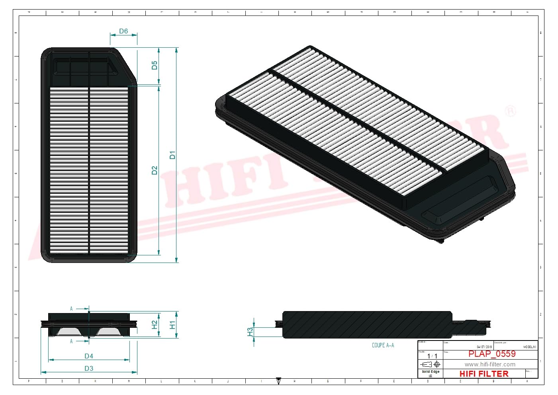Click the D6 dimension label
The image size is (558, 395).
coord(123,31)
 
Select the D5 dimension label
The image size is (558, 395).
coord(155,65)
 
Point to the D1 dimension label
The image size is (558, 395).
coord(172,155)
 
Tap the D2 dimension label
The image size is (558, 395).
coord(155,170)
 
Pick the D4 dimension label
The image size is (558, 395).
coord(89,356)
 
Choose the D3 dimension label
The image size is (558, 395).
coord(89,368)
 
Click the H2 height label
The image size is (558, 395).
coord(155,325)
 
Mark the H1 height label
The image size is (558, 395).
coord(172,325)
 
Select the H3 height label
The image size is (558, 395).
coord(250,331)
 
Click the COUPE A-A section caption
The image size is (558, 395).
coord(383,345)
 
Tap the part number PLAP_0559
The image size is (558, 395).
coord(492,354)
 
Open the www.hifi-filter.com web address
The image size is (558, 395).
coord(490,364)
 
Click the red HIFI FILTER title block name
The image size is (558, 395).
coord(484,374)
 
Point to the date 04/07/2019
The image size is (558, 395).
coord(484,347)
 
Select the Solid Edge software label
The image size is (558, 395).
coord(431,372)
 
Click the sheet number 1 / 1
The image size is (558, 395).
coord(432,356)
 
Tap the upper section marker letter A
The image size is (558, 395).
coord(72,309)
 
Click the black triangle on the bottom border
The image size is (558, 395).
coord(279,381)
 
